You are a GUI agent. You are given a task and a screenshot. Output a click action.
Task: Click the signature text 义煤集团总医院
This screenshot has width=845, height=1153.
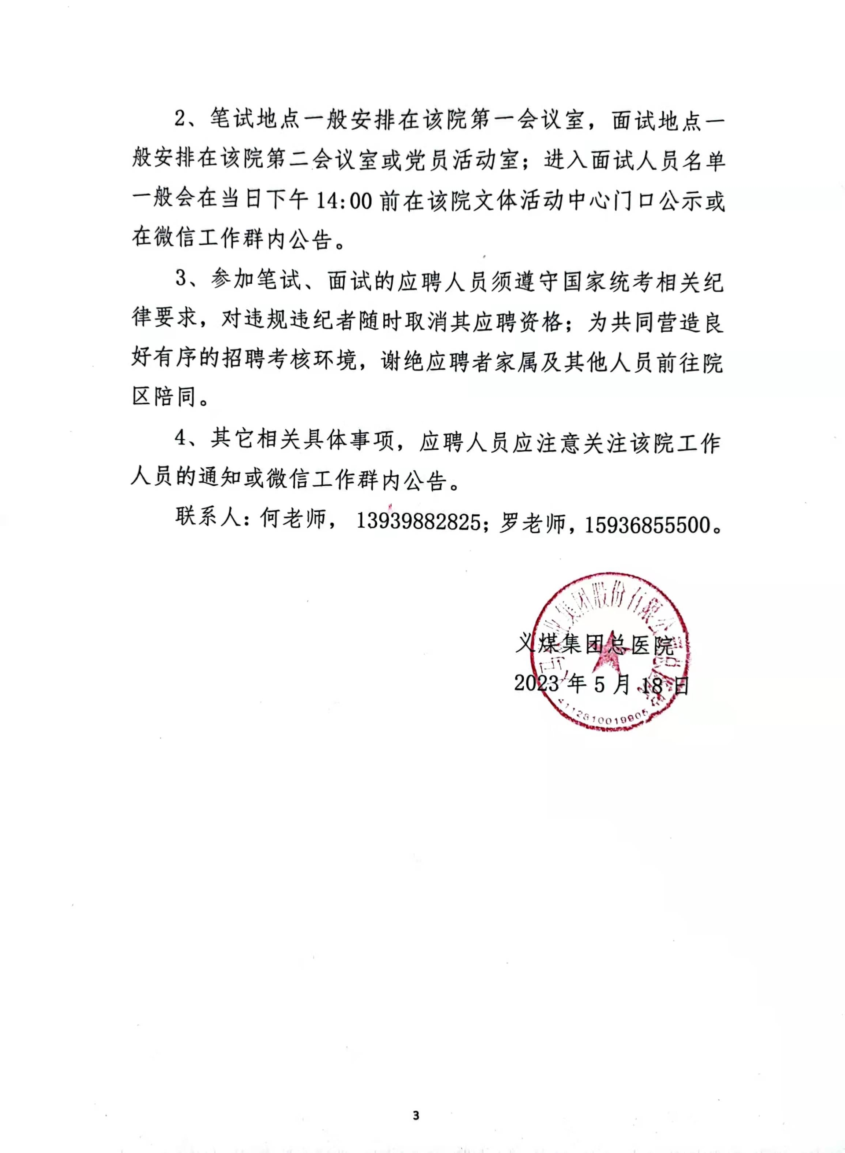point(594,645)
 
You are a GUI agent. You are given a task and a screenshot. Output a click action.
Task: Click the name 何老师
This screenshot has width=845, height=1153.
point(293,520)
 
